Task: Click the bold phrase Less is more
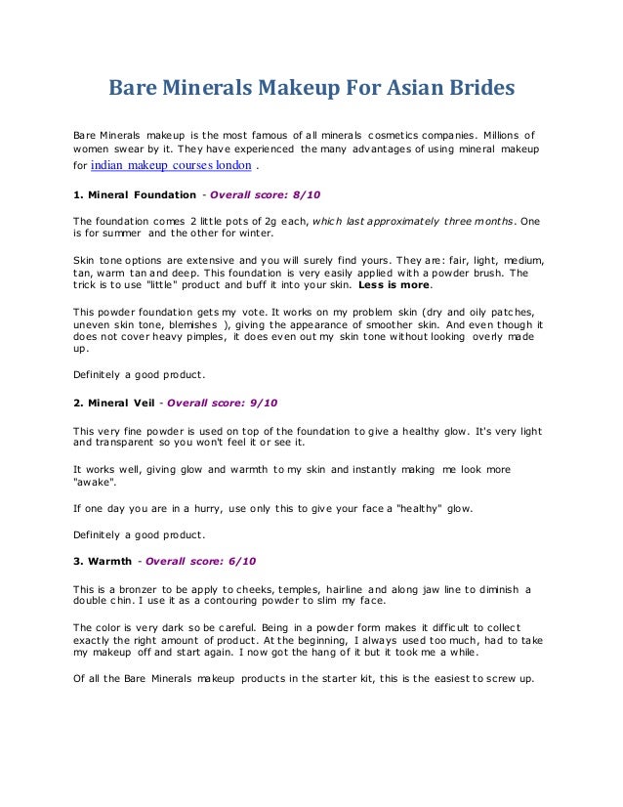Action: coord(395,287)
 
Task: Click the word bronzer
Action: coord(131,589)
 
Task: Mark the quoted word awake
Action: coord(95,482)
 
